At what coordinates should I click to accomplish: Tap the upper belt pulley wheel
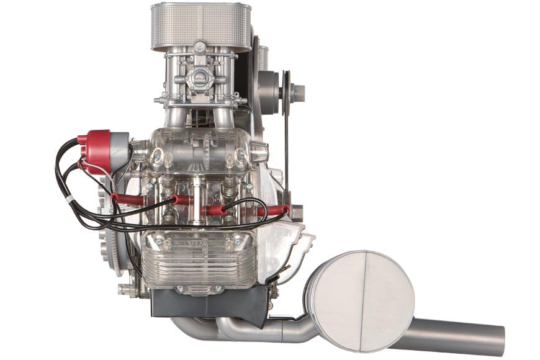(286, 91)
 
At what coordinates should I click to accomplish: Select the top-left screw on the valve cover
(159, 240)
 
